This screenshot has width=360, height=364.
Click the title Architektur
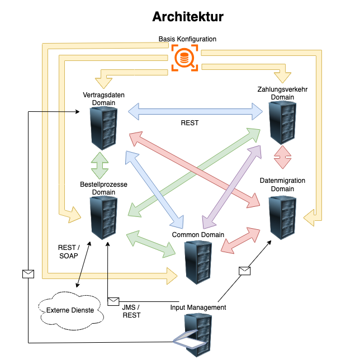click(188, 17)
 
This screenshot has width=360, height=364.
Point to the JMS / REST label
click(131, 311)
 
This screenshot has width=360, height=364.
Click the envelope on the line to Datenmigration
click(244, 271)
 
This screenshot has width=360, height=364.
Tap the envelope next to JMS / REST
click(113, 301)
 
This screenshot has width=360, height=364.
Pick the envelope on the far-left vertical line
click(27, 273)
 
